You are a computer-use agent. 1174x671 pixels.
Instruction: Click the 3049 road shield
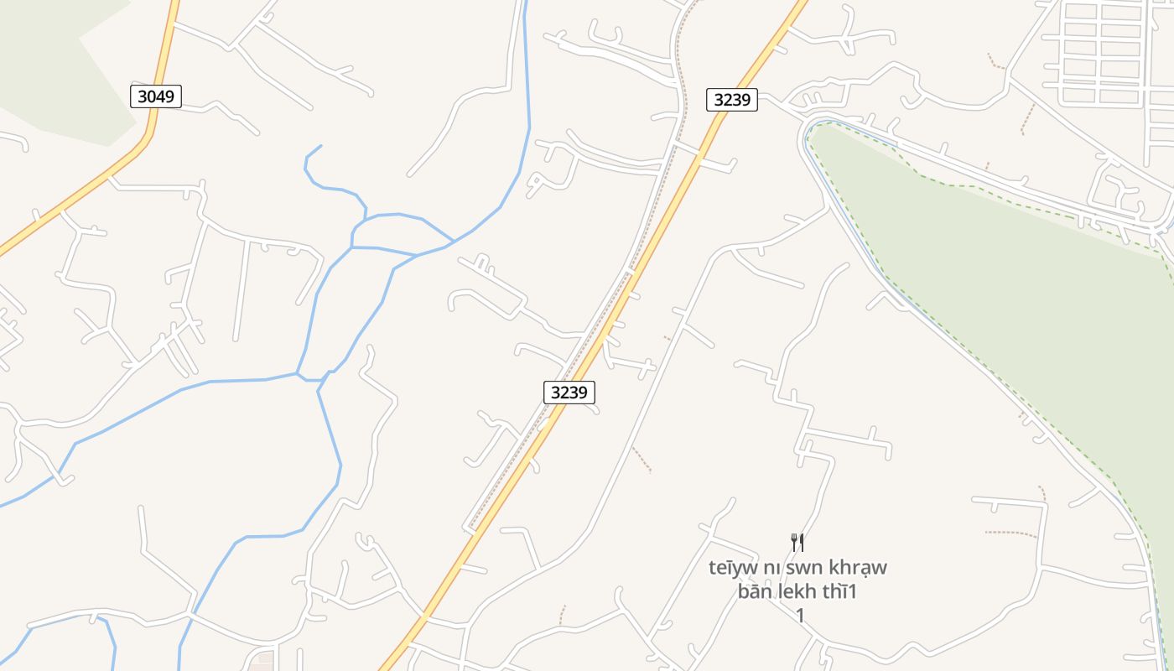[x=156, y=96]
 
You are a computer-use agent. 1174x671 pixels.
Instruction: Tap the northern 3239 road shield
[x=731, y=100]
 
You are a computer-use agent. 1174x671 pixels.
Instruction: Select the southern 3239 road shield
[x=569, y=392]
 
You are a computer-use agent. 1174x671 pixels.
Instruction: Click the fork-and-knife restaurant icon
[x=797, y=543]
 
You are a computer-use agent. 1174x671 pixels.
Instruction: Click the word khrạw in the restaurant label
[x=859, y=568]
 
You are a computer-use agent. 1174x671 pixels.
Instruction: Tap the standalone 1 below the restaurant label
[x=800, y=616]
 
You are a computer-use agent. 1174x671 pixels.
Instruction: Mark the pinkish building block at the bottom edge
[x=262, y=660]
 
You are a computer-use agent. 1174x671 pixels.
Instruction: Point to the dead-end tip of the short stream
[x=320, y=146]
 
